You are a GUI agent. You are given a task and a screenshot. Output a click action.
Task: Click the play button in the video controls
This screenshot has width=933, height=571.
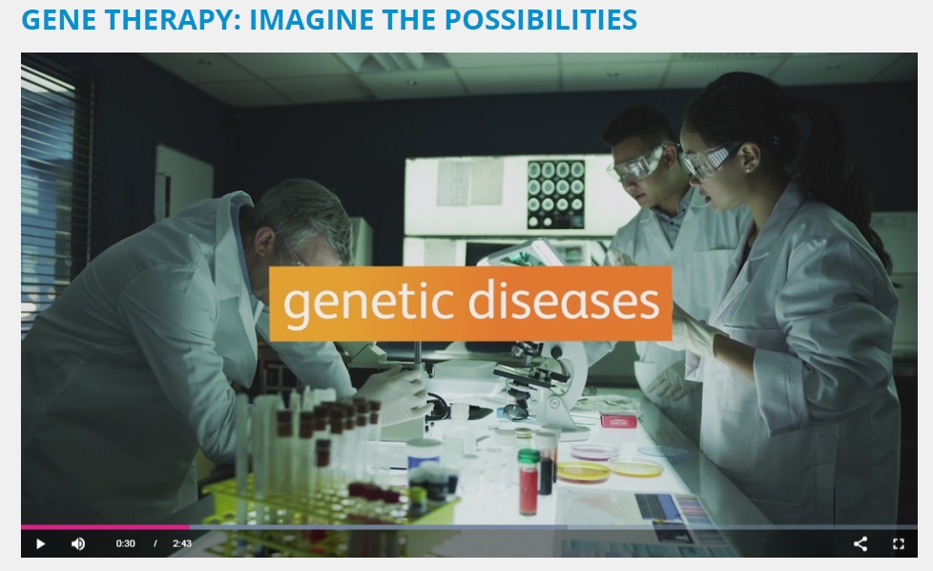tap(40, 543)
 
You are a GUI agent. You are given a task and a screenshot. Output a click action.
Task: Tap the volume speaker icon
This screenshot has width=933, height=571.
tap(78, 543)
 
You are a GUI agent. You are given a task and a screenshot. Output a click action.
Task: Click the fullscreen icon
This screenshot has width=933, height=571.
tap(899, 543)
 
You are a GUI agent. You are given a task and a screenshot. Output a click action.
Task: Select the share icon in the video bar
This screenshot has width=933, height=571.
tap(860, 543)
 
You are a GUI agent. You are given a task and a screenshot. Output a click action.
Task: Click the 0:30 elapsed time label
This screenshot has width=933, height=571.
tap(126, 543)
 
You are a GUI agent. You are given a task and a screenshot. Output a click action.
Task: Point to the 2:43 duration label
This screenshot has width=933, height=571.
tap(182, 543)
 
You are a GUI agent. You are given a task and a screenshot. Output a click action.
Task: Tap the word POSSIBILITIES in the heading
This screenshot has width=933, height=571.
tap(541, 19)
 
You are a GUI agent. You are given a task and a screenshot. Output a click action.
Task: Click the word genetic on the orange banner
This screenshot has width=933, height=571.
tap(369, 302)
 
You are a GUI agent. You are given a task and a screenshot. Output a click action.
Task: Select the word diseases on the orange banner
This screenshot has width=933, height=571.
tap(564, 301)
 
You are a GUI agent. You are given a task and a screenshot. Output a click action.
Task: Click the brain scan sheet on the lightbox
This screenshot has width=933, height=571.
tap(556, 194)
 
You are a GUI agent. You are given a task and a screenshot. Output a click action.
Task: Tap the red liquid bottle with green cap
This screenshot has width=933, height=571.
tap(529, 482)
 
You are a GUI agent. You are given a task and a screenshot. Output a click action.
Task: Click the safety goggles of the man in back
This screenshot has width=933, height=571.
tap(636, 164)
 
